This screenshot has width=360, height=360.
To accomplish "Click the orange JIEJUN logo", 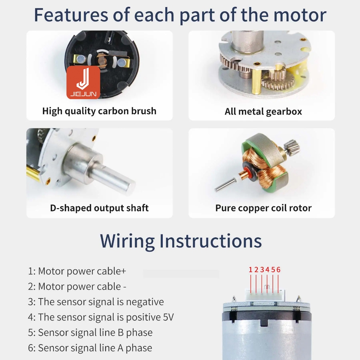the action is pyautogui.click(x=83, y=83).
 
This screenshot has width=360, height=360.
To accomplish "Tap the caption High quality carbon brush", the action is pyautogui.click(x=99, y=111).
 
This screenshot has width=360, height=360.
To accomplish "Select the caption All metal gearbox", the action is pyautogui.click(x=263, y=111).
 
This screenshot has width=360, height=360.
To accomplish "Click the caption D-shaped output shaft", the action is pyautogui.click(x=99, y=208).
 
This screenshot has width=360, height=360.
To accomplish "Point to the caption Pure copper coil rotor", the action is pyautogui.click(x=263, y=208).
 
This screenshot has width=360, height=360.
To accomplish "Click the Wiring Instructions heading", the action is pyautogui.click(x=181, y=241).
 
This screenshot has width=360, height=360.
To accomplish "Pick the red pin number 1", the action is pyautogui.click(x=250, y=270).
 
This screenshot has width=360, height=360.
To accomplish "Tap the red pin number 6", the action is pyautogui.click(x=278, y=270).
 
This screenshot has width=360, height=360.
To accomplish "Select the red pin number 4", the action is pyautogui.click(x=267, y=270).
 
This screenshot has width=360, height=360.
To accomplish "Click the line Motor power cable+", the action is pyautogui.click(x=77, y=271).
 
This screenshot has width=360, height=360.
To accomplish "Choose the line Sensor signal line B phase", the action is pyautogui.click(x=90, y=333).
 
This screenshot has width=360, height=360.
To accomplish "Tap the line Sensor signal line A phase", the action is pyautogui.click(x=90, y=348).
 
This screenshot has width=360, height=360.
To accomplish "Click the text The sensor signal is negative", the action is pyautogui.click(x=96, y=302).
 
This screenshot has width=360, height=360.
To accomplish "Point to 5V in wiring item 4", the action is pyautogui.click(x=168, y=317).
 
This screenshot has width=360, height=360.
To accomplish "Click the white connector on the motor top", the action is pyautogui.click(x=265, y=295).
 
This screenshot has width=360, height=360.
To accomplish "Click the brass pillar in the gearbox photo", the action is pyautogui.click(x=256, y=81).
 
